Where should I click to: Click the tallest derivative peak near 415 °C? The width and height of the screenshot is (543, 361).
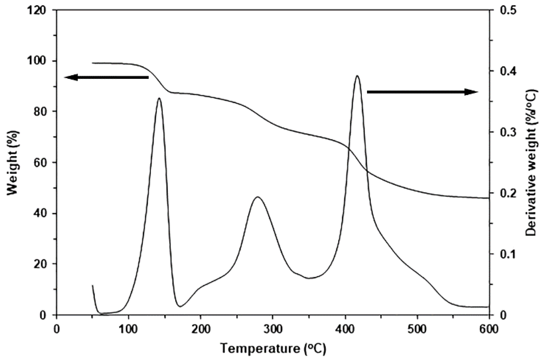[x=357, y=76]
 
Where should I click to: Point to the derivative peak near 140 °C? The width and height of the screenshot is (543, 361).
[x=159, y=98]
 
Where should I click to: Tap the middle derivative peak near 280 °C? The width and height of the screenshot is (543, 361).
[x=257, y=197]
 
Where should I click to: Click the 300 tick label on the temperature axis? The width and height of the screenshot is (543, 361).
[x=273, y=330]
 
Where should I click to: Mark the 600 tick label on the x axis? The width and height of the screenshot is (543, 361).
[x=489, y=330]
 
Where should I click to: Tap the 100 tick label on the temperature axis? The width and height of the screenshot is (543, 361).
[x=128, y=330]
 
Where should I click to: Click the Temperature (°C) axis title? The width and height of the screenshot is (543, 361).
[x=273, y=349]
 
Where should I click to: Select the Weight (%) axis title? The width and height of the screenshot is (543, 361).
[x=13, y=163]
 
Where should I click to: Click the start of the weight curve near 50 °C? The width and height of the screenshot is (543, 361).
[x=93, y=63]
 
